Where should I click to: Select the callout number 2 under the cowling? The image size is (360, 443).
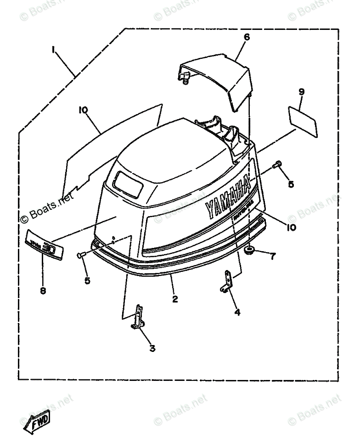[x=175, y=299]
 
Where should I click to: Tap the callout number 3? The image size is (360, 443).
[x=152, y=348]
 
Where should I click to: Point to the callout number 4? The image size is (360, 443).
[x=237, y=312]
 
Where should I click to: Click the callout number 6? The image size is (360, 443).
[x=247, y=38]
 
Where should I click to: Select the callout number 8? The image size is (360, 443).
[x=42, y=291]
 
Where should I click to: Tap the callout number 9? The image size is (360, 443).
[x=301, y=92]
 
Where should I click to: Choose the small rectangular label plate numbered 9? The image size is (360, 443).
[x=303, y=121]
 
